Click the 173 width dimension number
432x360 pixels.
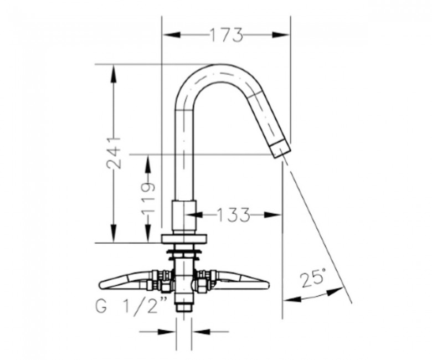pos(227,35)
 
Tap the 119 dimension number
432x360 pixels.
pos(147,199)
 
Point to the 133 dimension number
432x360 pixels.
pos(233,214)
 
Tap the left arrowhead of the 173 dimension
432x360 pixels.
pos(172,35)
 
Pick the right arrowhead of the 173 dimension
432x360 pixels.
pos(281,35)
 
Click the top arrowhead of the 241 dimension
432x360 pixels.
pos(113,74)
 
